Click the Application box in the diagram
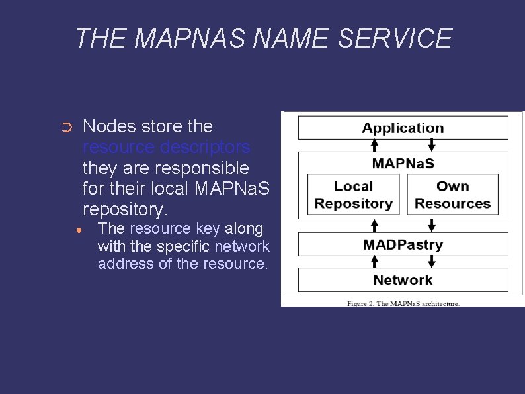403,128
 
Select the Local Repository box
353,195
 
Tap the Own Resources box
452,195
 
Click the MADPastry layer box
403,244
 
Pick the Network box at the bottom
403,279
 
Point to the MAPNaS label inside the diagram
403,163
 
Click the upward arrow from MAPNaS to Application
374,145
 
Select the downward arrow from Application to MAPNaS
432,145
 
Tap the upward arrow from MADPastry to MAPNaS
374,224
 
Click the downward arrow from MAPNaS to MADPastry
432,224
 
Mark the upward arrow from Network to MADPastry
374,262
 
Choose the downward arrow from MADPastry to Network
432,262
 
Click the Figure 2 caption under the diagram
403,303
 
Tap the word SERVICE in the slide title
395,38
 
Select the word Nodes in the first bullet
109,126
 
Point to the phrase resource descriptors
167,146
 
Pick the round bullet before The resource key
79,230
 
